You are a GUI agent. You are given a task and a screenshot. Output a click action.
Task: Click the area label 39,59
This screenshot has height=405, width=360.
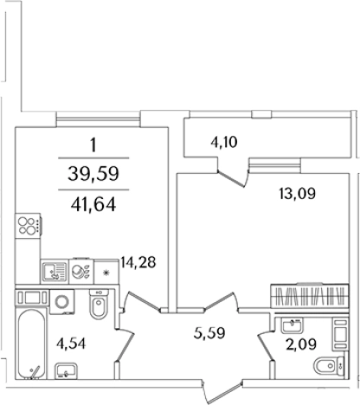(93, 174)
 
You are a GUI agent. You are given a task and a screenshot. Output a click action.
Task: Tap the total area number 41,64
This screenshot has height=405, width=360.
(93, 204)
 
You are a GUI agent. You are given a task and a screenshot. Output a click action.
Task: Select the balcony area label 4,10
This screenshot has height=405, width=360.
(224, 142)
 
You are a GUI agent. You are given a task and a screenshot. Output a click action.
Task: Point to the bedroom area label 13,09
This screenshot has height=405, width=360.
(298, 193)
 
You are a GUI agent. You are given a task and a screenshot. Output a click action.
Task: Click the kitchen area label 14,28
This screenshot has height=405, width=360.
(138, 262)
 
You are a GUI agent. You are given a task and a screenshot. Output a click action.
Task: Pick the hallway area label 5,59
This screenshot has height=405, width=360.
(209, 333)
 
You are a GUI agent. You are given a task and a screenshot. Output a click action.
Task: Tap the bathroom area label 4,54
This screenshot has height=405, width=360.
(71, 344)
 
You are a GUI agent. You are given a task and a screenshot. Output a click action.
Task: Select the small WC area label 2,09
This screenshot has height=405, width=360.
(301, 344)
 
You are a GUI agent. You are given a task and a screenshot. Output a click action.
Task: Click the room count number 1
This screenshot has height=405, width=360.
(93, 145)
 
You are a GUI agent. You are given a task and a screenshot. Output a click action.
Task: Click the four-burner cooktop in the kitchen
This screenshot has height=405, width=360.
(28, 226)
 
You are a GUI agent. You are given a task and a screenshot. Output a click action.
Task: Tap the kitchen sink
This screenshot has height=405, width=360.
(55, 272)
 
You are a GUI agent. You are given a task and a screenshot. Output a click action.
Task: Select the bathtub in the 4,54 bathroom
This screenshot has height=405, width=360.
(31, 344)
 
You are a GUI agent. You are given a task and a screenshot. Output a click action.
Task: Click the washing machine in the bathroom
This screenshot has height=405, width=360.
(61, 302)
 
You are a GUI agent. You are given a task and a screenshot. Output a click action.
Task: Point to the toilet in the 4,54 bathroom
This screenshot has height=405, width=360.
(99, 305)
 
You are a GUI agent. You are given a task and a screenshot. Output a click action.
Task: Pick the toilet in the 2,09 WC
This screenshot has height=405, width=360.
(329, 366)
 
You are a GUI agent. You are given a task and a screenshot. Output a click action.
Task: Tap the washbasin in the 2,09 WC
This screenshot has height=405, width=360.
(292, 325)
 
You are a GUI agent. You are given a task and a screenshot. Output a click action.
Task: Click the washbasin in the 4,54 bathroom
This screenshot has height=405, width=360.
(66, 370)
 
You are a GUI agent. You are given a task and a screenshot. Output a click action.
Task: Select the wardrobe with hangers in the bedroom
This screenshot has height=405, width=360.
(310, 296)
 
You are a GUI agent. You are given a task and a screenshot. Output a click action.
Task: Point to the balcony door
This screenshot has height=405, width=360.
(232, 176)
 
